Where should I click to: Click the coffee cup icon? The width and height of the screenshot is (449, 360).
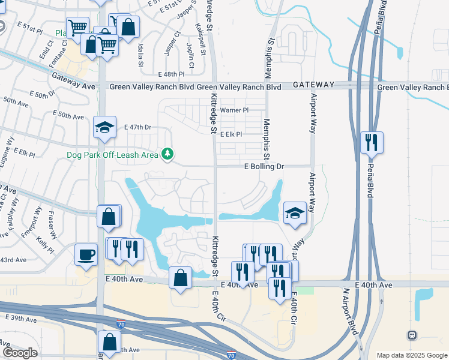pos(86,254)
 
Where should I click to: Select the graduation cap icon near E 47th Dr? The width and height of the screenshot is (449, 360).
pos(104,127)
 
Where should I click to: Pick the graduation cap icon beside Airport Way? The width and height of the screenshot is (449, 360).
pos(295,213)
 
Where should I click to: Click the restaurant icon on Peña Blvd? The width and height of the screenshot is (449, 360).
pos(372,143)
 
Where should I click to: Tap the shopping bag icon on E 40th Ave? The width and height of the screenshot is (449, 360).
pos(181,278)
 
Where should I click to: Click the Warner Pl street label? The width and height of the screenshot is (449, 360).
pos(234,110)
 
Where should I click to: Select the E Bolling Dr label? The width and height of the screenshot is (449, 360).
pos(264,166)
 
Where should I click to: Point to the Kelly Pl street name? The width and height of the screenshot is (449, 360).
pos(45,245)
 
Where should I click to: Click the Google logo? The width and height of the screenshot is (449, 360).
pos(20,353)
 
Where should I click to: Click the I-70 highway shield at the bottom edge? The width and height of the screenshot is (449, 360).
pos(232,356)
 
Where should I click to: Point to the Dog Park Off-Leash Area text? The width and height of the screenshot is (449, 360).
pos(113,155)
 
